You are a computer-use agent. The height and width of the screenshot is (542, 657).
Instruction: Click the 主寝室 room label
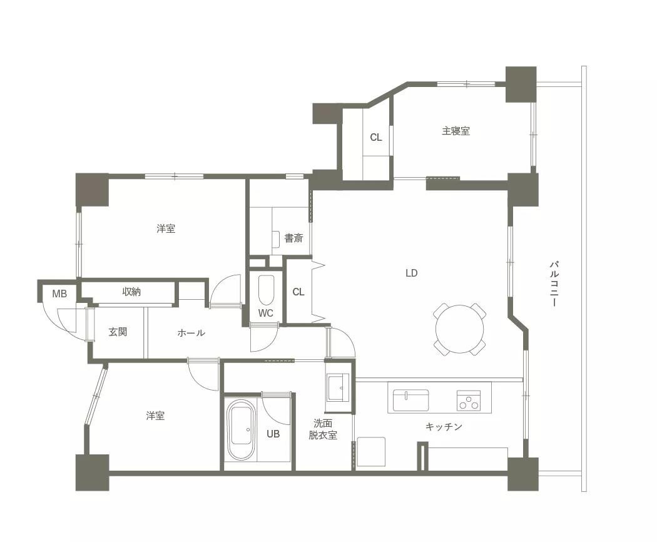pos(456,131)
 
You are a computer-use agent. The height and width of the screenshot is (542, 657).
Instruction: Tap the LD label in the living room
pos(412,274)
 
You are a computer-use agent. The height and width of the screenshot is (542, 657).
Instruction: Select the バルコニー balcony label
pos(554,284)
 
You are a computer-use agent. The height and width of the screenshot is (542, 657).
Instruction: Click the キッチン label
pos(444,427)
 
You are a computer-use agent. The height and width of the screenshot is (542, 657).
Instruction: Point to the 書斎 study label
pos(293,238)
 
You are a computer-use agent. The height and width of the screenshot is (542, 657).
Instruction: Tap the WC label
pos(266,313)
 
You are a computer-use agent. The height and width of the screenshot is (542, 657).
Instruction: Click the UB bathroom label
pos(273,434)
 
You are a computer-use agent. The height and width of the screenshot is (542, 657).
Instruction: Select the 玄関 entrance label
pos(118,332)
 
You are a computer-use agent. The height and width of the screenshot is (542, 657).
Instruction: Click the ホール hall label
pos(191,333)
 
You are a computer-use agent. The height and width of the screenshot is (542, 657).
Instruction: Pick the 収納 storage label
pos(131,292)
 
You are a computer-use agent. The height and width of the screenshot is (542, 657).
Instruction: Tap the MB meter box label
pos(59,294)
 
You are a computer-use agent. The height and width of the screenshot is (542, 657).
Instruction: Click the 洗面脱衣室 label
pos(323,429)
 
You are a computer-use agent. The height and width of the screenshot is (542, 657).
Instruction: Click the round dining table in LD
pos(460,329)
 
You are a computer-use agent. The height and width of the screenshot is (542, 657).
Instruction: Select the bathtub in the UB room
pos(240,430)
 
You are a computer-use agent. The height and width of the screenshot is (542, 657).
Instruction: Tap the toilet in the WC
pos(266,290)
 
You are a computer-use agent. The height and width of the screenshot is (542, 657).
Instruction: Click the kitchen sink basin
pos(410,401)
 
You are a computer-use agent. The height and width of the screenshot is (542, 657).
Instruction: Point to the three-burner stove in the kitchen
pos(469,401)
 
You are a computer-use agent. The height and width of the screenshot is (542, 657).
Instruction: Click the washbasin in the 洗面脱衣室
pos(339,387)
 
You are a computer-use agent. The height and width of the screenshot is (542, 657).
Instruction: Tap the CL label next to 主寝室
pos(376,138)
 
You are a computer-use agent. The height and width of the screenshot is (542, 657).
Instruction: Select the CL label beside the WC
pos(298,292)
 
